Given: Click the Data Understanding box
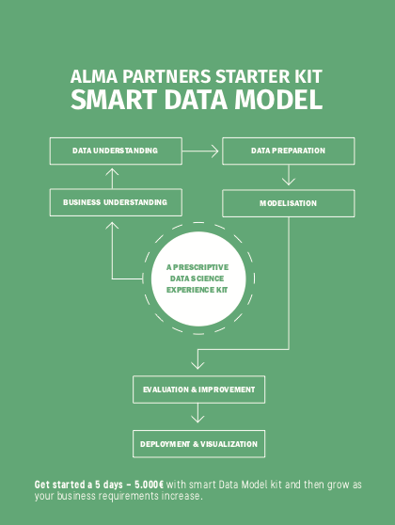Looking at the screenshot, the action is pos(116,151).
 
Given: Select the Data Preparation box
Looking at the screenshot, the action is pos(288,151).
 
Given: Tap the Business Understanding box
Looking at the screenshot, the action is pos(116,202).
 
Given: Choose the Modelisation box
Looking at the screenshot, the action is pos(288,203).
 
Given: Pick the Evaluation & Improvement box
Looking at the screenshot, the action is pos(198,390).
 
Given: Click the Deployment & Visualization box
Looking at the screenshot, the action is pos(198,444).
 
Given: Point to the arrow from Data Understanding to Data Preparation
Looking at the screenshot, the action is pos(200,151).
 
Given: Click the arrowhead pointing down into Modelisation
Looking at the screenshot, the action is pos(289,182).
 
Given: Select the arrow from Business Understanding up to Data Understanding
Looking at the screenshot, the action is pos(112,178).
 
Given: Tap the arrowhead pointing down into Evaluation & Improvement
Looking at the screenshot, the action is pos(197,365).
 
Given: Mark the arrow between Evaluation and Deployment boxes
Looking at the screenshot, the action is pos(197,413).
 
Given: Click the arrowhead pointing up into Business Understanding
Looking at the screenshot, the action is pos(112,226).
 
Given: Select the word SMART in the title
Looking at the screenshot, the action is pos(114,100).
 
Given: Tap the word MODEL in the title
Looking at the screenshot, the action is pos(278,100).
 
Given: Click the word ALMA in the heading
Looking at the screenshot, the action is pos(94,76).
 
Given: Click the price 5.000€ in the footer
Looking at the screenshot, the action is pos(150,485).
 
